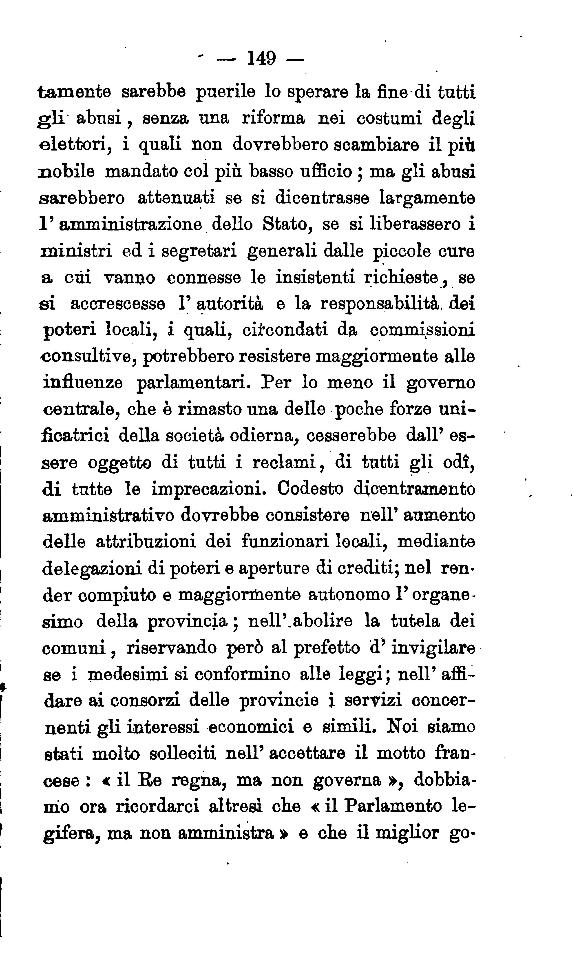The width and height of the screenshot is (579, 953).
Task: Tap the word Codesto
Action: click(310, 488)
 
